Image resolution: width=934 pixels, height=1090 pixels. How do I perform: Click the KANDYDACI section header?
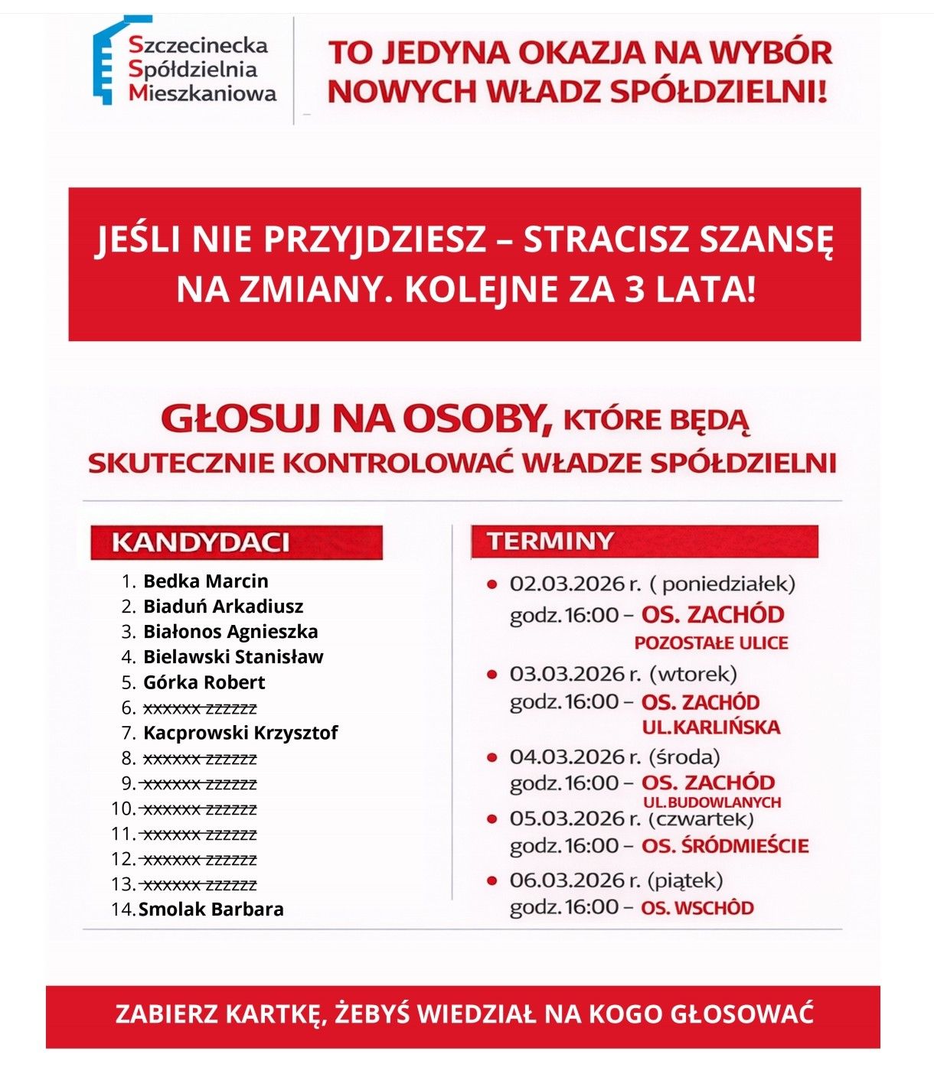tap(201, 542)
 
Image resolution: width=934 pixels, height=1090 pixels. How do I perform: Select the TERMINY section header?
tap(550, 541)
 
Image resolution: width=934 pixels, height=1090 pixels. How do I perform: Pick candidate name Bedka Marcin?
tap(205, 581)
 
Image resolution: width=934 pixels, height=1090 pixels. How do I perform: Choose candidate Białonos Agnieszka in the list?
tap(230, 632)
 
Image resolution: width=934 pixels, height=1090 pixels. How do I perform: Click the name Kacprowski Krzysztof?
tap(240, 733)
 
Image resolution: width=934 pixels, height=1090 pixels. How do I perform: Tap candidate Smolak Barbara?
tap(211, 909)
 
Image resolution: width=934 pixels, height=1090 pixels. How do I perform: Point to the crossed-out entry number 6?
tap(200, 708)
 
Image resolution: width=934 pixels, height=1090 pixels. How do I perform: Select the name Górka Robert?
tap(204, 682)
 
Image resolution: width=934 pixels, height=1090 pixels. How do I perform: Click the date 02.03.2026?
tap(567, 584)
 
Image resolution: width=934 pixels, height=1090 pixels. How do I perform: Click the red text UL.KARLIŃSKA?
tap(710, 727)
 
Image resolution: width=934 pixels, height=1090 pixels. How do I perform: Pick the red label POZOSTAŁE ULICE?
tap(710, 643)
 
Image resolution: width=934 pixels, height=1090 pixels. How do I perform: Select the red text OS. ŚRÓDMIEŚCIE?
tap(724, 846)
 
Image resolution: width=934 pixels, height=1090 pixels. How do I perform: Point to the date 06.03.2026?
tap(567, 880)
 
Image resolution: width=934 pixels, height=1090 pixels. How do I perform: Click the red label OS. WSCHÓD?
tap(697, 908)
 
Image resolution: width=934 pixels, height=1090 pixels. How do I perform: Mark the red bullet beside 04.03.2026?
tap(492, 757)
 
